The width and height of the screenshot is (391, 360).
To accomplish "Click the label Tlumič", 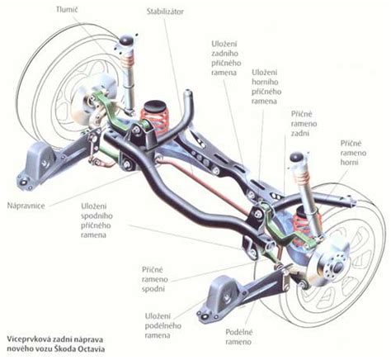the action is [x=68, y=10].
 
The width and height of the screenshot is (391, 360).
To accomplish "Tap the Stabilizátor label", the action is [x=165, y=12].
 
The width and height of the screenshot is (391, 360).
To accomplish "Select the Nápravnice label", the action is [x=26, y=206].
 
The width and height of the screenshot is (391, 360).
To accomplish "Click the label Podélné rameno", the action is [x=238, y=337].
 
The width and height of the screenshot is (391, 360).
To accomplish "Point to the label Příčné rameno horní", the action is [x=353, y=153].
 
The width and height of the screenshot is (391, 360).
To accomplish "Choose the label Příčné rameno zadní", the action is [x=304, y=124].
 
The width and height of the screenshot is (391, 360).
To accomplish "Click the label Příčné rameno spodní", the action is [x=155, y=279].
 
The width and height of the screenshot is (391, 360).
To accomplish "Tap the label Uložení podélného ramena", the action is [x=163, y=325].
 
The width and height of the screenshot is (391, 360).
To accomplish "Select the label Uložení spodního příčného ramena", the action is [x=97, y=220].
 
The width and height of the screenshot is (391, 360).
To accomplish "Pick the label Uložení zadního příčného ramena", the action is [x=226, y=58].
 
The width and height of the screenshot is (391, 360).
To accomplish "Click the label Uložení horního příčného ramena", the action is [x=266, y=87].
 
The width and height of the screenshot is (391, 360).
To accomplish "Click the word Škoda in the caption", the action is [x=66, y=349].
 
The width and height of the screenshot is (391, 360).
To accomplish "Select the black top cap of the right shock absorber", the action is [x=297, y=157].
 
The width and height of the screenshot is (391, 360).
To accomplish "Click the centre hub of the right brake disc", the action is [x=337, y=266].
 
